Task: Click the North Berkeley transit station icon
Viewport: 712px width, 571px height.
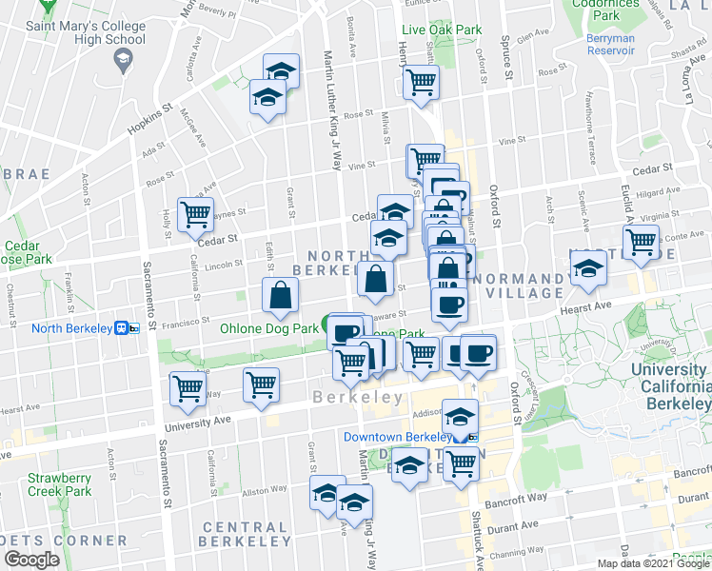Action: click(123, 329)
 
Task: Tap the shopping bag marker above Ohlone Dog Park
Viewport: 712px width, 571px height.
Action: click(282, 295)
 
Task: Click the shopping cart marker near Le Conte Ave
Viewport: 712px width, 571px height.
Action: click(641, 241)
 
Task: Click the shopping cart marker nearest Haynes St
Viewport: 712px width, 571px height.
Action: click(195, 214)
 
